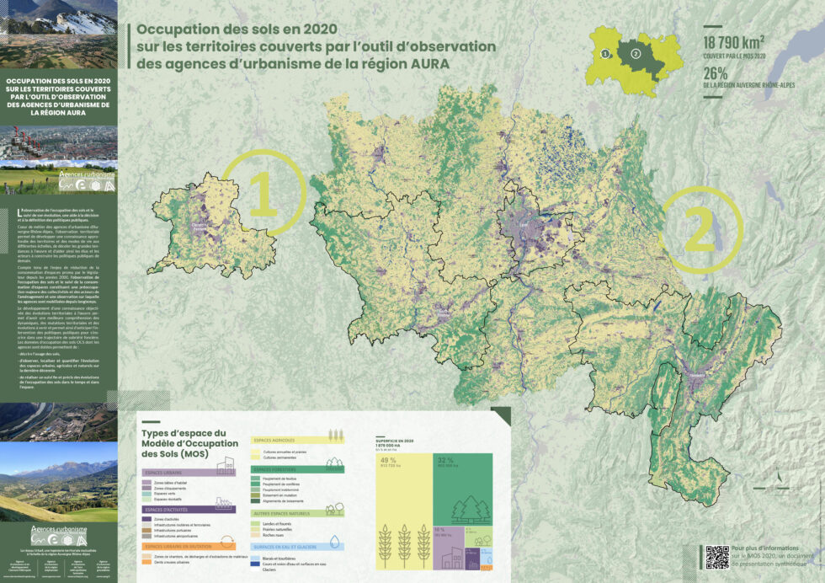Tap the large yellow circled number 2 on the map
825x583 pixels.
[x=700, y=231]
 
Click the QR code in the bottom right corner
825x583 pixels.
[x=716, y=556]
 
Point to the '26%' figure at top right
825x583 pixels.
[x=716, y=72]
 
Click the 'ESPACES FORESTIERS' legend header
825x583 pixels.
[x=279, y=469]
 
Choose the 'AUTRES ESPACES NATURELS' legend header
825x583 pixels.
[x=285, y=512]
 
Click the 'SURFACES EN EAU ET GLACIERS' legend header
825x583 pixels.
[x=288, y=547]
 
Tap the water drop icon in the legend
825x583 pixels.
[x=334, y=543]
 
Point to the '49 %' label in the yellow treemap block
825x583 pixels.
[x=388, y=460]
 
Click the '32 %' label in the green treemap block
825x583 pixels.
[x=445, y=460]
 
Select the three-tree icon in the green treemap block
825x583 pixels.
[x=471, y=508]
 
